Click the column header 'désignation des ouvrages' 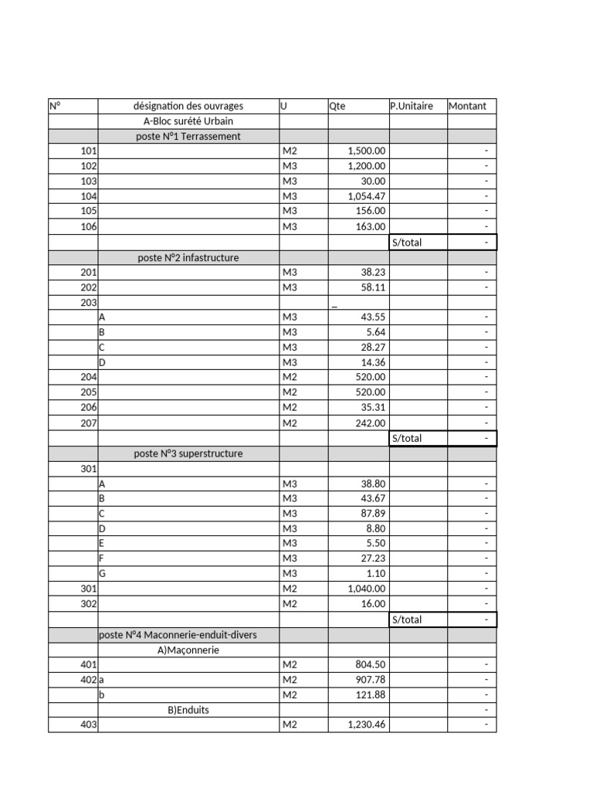188,106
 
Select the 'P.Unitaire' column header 412,106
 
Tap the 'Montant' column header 467,106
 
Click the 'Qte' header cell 337,106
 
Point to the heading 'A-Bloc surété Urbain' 188,121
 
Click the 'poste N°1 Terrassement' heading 188,136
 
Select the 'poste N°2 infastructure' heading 188,257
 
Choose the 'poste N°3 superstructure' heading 188,453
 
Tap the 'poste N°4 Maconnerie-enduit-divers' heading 178,635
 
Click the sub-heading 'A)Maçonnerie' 188,650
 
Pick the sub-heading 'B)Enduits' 188,710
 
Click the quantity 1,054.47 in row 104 367,196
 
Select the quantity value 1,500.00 367,151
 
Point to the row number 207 89,423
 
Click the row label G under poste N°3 102,574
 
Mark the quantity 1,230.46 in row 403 367,725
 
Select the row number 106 89,226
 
